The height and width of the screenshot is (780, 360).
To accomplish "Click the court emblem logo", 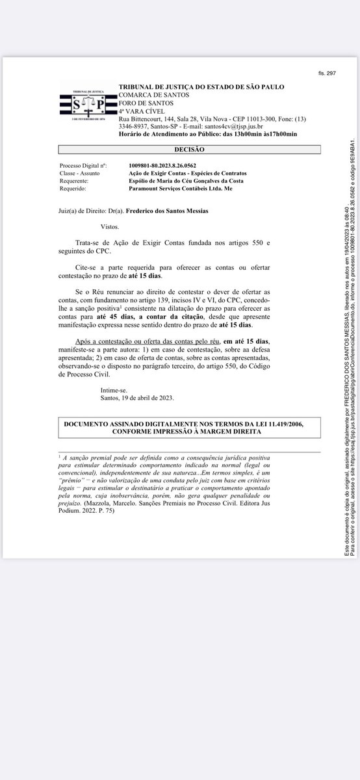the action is (x=87, y=103).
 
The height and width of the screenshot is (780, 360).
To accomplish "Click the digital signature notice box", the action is (x=198, y=427).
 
